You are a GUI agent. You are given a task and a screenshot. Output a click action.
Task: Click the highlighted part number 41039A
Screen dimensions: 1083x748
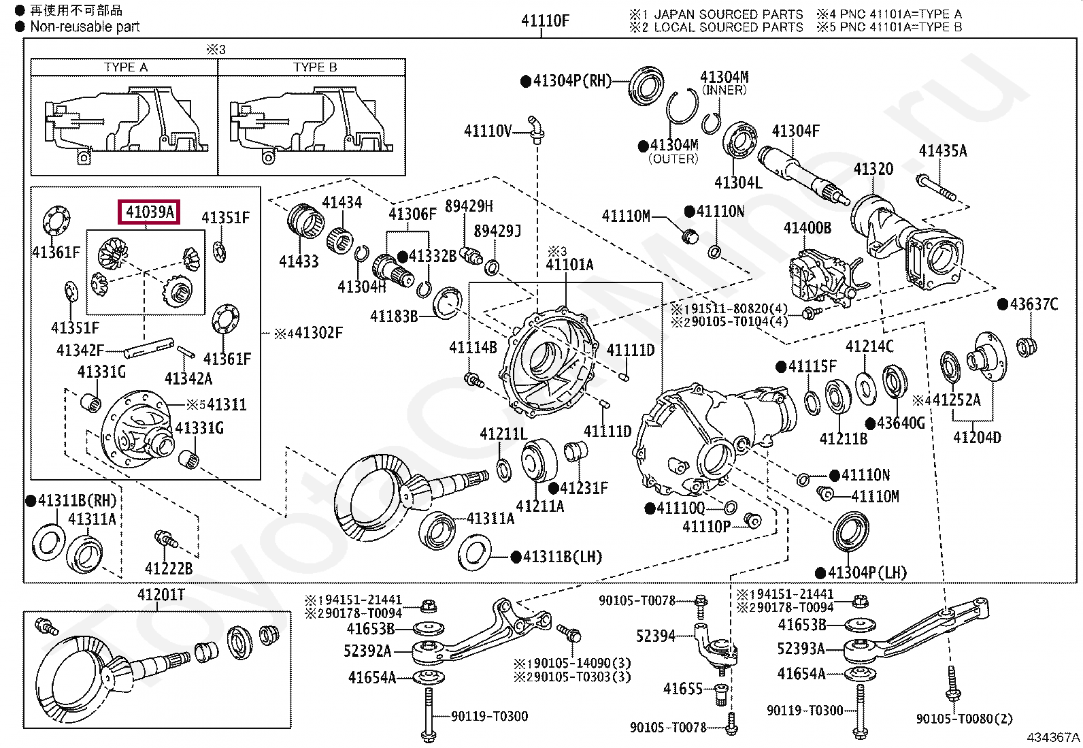pos(150,212)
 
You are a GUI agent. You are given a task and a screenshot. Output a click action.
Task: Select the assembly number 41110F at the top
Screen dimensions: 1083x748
pos(545,21)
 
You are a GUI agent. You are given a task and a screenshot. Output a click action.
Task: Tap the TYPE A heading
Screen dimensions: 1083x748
pos(126,67)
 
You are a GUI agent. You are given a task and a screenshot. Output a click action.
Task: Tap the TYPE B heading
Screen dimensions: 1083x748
pos(315,67)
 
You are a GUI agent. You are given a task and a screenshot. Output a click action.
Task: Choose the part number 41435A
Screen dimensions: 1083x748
pos(943,151)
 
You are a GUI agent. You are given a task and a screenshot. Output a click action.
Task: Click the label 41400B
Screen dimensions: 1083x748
pos(807,227)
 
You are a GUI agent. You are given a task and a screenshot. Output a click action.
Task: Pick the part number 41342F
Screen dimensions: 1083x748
pos(80,350)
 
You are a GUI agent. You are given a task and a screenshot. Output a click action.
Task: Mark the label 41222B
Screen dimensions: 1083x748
pos(169,568)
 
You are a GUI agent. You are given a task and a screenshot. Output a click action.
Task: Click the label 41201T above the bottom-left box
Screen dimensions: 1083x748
pos(161,595)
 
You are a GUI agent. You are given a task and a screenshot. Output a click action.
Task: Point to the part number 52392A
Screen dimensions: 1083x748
pos(367,651)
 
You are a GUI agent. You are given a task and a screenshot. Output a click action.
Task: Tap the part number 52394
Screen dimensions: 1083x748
pos(656,636)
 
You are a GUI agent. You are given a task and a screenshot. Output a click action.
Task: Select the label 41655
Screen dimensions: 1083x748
pos(683,689)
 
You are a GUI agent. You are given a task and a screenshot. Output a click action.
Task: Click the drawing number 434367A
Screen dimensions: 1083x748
pos(1053,737)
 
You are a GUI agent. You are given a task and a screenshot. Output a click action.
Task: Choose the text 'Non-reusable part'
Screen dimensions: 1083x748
pos(84,27)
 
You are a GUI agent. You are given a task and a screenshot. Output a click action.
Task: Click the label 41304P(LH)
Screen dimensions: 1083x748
pos(861,573)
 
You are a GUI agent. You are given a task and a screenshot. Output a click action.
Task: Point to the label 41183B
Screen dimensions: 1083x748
pos(394,316)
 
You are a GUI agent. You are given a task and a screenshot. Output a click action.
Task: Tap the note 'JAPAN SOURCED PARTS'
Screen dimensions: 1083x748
pos(729,14)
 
